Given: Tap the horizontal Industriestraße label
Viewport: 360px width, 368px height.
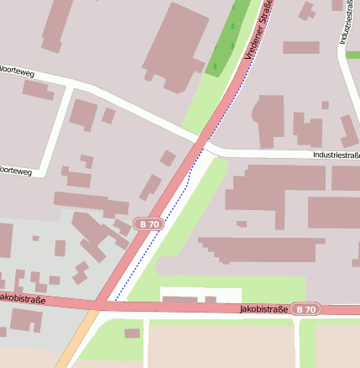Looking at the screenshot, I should (x=335, y=155).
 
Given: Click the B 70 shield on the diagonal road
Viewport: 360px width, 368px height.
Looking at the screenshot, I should (x=149, y=224).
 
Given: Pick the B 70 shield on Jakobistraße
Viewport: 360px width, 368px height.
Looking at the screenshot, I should (x=305, y=309).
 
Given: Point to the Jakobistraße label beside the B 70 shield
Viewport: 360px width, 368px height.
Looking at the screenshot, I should (x=263, y=309).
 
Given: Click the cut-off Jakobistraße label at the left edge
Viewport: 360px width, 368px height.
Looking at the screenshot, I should (x=22, y=298).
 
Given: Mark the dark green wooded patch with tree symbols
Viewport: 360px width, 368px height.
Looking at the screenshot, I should (x=225, y=42).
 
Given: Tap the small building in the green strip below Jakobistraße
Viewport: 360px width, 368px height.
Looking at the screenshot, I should (x=132, y=334).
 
